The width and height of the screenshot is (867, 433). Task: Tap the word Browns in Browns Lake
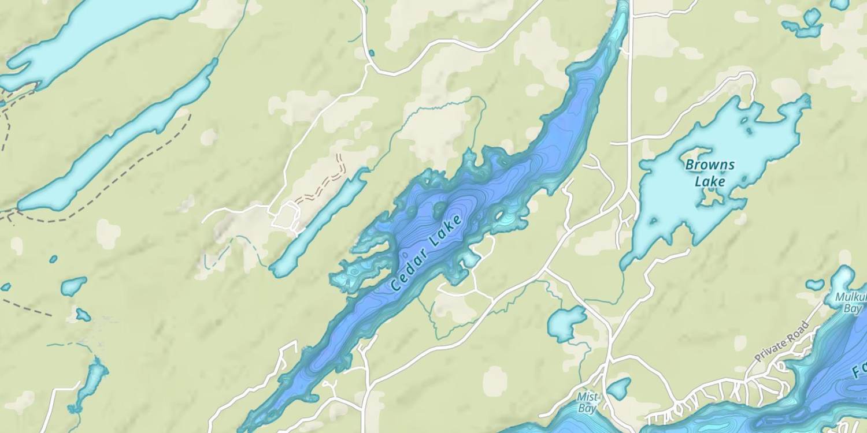[710, 165]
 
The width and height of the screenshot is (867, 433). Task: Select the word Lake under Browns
[710, 182]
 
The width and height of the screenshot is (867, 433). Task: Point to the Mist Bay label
[588, 402]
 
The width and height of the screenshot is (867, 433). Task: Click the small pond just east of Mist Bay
[619, 389]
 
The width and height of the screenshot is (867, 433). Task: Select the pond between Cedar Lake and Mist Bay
[565, 323]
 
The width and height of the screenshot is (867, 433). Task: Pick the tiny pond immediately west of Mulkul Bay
[815, 284]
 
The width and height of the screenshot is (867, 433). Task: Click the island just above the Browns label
[691, 154]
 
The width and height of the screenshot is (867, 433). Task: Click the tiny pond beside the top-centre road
[371, 53]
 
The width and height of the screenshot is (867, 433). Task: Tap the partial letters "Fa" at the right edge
[860, 369]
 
